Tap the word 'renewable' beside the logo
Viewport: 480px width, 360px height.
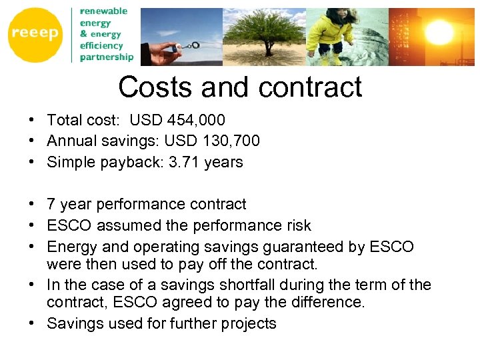(103, 11)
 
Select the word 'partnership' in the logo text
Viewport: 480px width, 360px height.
(107, 57)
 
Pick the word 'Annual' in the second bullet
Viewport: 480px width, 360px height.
(70, 141)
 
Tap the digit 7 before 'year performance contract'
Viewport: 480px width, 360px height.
(51, 204)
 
